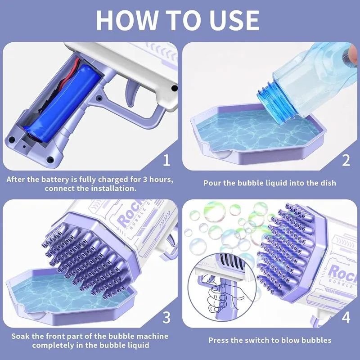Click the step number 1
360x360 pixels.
click(x=166, y=160)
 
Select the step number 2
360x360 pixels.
click(x=346, y=160)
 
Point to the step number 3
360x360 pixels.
click(x=166, y=318)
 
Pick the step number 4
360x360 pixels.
click(x=346, y=318)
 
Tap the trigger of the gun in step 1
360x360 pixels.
click(x=131, y=93)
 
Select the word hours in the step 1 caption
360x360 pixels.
click(x=162, y=179)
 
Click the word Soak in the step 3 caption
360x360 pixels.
click(x=21, y=336)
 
